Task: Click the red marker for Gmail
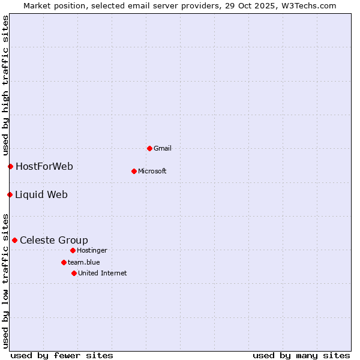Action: coord(149,148)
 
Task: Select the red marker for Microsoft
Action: coord(134,171)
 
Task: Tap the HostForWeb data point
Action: coord(10,166)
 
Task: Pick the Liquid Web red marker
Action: coord(10,194)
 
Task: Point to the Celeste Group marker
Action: coord(14,240)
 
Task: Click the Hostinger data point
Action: coord(73,250)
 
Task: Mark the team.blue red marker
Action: coord(64,262)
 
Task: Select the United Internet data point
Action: coord(74,273)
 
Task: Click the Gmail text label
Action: coord(163,148)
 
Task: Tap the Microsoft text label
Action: coord(152,171)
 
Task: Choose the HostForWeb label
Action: coord(44,166)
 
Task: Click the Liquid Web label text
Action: coord(41,194)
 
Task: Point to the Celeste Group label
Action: coord(54,240)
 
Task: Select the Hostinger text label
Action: coord(92,250)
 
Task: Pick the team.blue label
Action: coord(84,262)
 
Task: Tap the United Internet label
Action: coord(103,273)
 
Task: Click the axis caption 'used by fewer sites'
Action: coord(62,355)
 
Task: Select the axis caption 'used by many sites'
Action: coord(301,355)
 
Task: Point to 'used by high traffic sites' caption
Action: coord(5,86)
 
